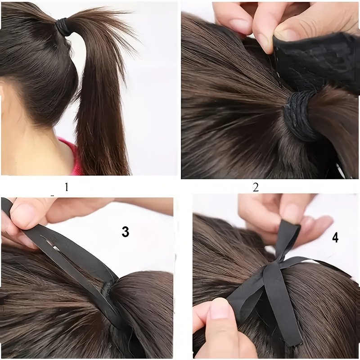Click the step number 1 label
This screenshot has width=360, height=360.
(67, 187)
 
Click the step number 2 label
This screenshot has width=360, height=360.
(256, 188)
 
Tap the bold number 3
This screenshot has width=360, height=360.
(126, 232)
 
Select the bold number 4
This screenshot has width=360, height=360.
(335, 238)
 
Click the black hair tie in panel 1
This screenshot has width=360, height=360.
(63, 27)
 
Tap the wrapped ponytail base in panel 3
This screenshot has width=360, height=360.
(106, 291)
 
